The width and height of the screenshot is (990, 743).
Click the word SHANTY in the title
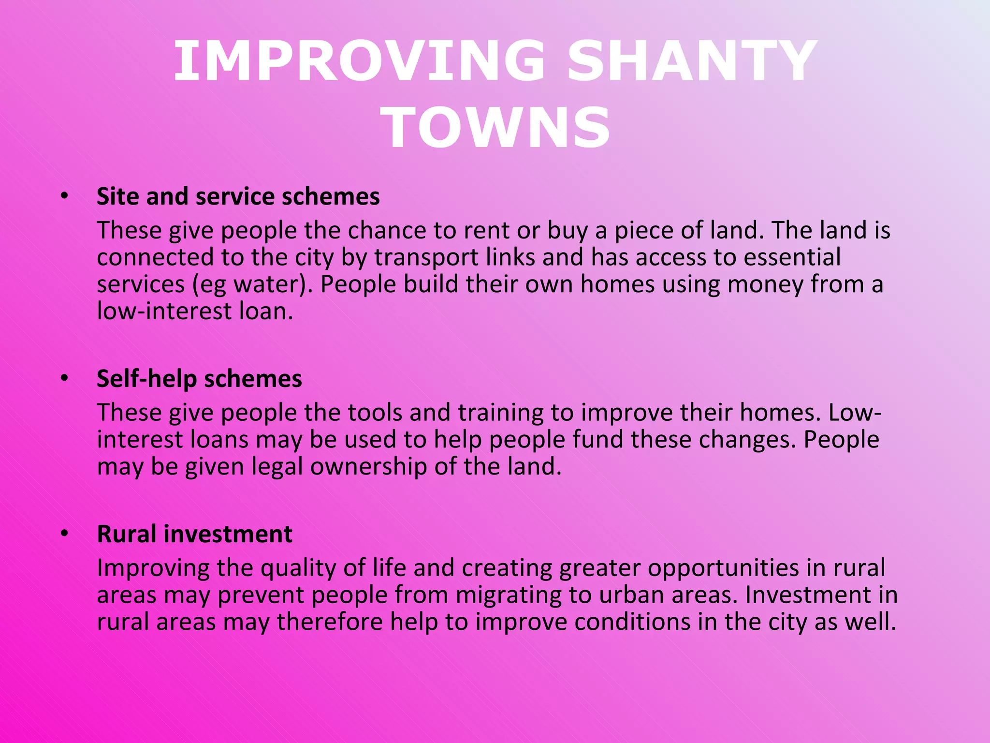pyautogui.click(x=692, y=61)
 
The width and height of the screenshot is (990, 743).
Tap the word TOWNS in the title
pyautogui.click(x=496, y=128)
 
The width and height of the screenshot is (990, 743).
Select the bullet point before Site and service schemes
pyautogui.click(x=65, y=196)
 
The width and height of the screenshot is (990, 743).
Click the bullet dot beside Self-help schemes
pyautogui.click(x=65, y=378)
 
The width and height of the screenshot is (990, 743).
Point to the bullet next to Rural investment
pyautogui.click(x=65, y=534)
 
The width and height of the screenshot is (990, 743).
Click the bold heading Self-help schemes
pyautogui.click(x=199, y=378)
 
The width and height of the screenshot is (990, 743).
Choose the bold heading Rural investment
pyautogui.click(x=194, y=534)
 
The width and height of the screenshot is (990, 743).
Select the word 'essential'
pyautogui.click(x=792, y=257)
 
